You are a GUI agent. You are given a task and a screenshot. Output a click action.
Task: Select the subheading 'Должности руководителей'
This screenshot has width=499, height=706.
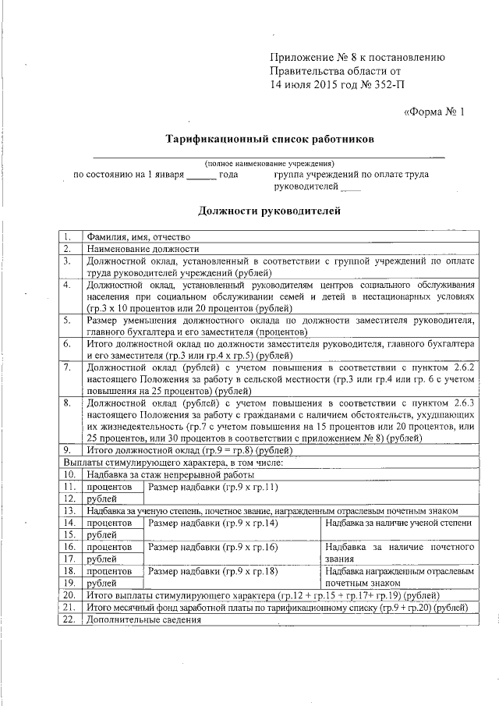click(269, 210)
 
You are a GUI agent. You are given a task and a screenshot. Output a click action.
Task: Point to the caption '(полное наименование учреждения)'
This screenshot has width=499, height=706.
click(269, 165)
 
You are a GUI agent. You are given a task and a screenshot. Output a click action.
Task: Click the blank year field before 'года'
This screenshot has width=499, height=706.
click(201, 176)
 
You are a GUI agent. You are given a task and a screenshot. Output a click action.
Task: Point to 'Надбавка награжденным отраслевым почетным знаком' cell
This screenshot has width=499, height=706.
click(401, 577)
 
